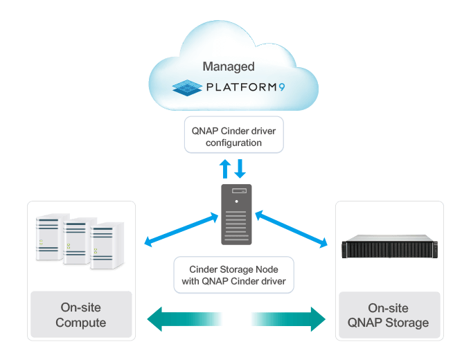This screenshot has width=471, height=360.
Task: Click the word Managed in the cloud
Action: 229,67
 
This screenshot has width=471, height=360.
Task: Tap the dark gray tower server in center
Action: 236,214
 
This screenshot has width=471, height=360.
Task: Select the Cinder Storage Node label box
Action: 233,275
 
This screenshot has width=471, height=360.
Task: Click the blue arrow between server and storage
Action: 291,230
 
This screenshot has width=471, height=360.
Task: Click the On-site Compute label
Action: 80,315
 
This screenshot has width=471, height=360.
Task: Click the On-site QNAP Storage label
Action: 388,315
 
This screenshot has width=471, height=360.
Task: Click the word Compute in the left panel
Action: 80,323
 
